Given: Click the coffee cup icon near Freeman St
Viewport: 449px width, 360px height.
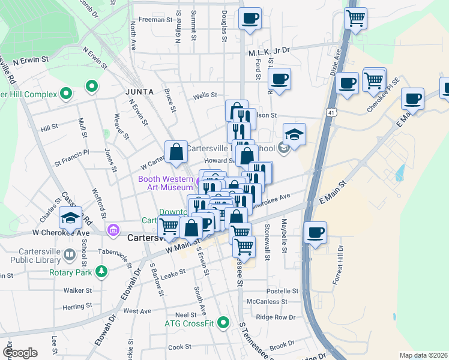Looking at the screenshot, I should click(x=250, y=18).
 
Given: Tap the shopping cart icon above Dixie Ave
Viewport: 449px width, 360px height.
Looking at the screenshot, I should click(x=356, y=18).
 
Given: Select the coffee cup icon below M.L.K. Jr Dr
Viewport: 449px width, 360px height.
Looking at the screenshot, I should click(x=279, y=78).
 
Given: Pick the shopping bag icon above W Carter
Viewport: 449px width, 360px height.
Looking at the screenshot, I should click(x=176, y=152).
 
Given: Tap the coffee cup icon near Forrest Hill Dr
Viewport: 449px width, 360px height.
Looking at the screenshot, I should click(x=315, y=232).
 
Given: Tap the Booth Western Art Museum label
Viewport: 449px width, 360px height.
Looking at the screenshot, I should click(x=165, y=183).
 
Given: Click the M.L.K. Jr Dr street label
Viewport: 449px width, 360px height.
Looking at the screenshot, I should click(x=269, y=53).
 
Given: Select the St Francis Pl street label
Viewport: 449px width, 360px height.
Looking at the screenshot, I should click(x=71, y=161).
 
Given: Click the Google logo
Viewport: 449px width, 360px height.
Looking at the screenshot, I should click(x=20, y=353).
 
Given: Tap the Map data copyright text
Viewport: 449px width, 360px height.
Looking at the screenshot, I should click(x=423, y=355).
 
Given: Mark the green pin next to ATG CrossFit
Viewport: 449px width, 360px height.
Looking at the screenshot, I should click(x=223, y=323).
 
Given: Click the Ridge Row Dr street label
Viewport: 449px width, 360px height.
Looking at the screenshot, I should click(x=276, y=317).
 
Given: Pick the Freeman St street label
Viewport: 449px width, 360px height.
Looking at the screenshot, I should click(x=155, y=20).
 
